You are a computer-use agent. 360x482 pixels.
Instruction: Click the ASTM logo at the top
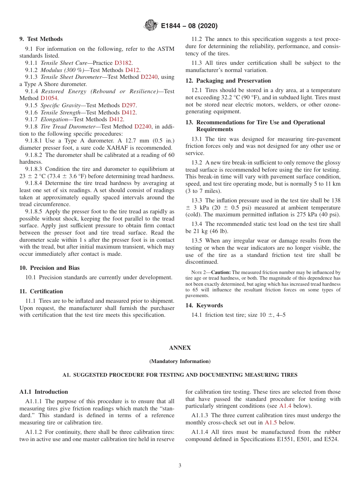pos(151,26)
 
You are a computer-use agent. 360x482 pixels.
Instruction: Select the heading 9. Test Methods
pos(41,39)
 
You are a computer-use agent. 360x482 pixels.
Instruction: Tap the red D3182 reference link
pos(124,63)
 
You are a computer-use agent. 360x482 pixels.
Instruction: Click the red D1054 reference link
pos(49,98)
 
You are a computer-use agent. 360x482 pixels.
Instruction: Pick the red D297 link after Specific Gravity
pos(129,105)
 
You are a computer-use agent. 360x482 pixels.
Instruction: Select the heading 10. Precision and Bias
pos(49,268)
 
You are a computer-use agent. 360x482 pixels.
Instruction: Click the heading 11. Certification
pos(41,291)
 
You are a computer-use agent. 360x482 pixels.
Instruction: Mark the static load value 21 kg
pos(201,231)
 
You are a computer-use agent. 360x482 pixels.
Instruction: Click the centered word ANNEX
pos(180,348)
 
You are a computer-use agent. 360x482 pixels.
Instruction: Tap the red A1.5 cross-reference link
pos(271,423)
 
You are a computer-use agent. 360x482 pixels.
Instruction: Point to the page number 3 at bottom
pos(180,466)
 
